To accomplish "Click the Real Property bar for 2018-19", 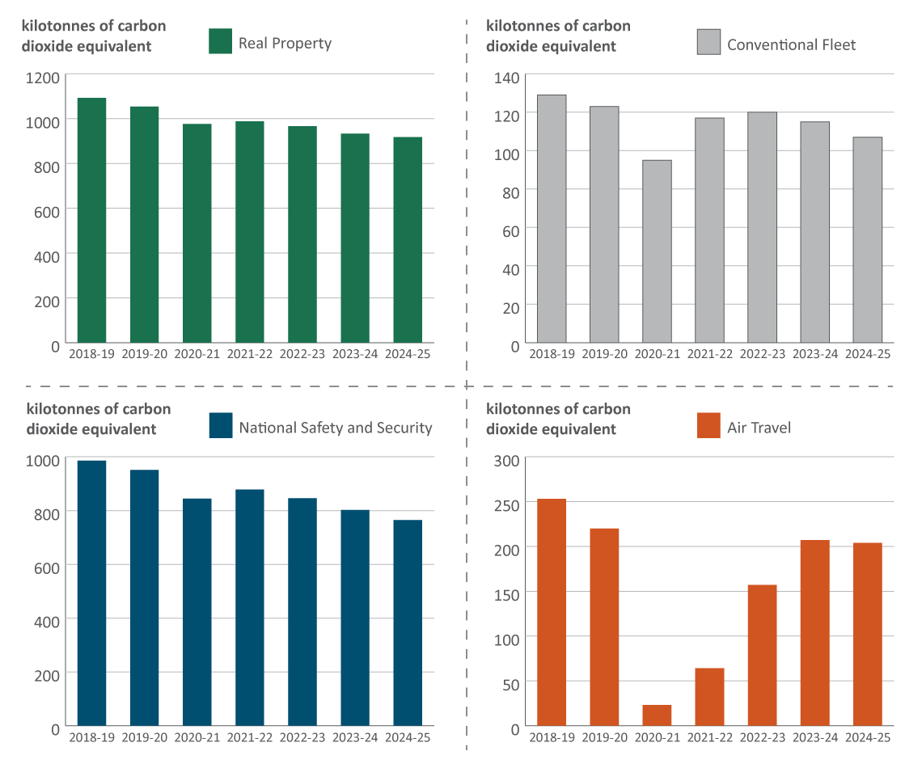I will [x=91, y=219].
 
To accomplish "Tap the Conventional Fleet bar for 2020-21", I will [x=657, y=251].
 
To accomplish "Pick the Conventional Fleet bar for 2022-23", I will [x=762, y=226].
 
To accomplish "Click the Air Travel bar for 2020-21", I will [x=657, y=715].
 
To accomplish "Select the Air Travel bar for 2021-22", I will [x=709, y=697].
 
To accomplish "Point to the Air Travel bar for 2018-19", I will [x=552, y=612].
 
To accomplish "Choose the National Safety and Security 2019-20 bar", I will [x=145, y=597].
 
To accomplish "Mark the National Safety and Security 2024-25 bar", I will [x=408, y=622].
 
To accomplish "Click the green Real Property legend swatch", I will [x=221, y=41].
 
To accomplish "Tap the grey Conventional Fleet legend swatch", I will [x=708, y=42].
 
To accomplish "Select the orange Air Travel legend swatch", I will [x=708, y=425].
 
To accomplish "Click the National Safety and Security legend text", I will [x=336, y=428].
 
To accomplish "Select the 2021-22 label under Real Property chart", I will [x=250, y=354].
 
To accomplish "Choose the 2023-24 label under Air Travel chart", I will [x=814, y=737].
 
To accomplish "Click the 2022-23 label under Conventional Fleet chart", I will [x=762, y=354].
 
